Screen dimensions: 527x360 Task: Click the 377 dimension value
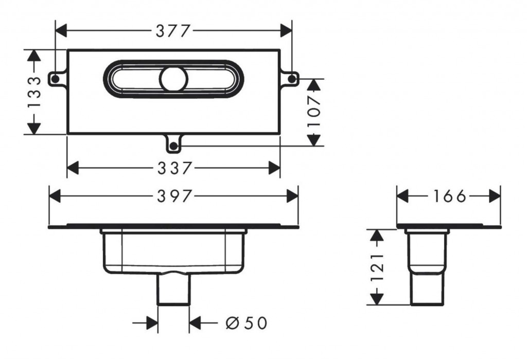coord(173,31)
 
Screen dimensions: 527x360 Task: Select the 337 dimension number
coord(175,168)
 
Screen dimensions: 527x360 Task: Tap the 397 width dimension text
coord(175,196)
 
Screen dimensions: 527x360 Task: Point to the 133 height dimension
coord(34,92)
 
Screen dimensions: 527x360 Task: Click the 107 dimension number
coord(314,111)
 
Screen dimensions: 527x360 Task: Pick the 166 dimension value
coord(450,196)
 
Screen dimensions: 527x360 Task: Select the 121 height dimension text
coord(377,267)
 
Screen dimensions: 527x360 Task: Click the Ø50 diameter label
coord(247,323)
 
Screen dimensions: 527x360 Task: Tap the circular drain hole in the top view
coord(174,79)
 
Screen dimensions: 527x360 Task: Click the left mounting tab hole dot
coord(55,79)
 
